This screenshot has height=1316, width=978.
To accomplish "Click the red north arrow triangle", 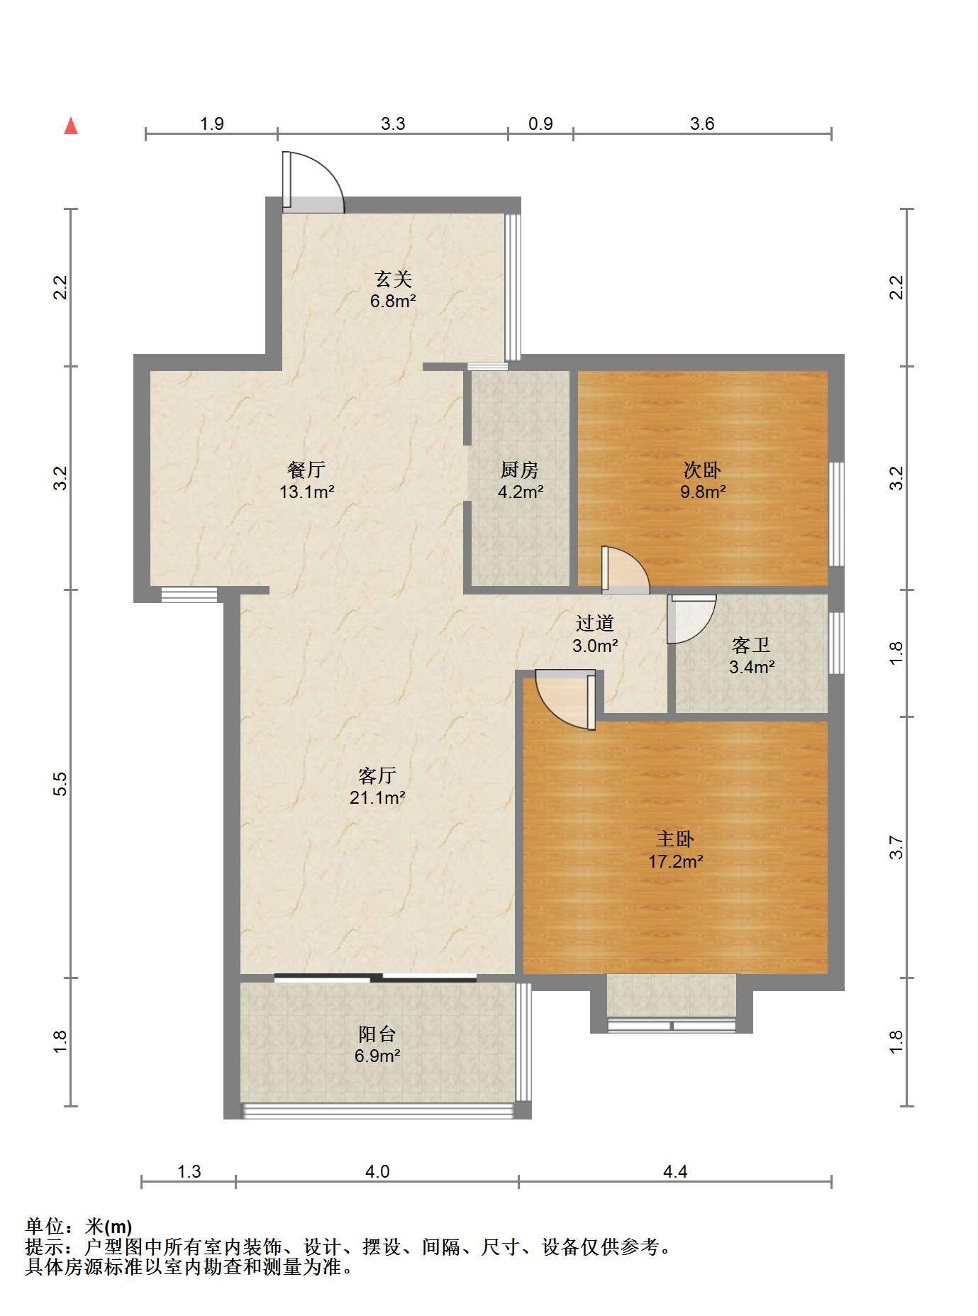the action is pyautogui.click(x=71, y=126).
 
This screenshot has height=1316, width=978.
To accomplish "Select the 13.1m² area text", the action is pyautogui.click(x=306, y=492).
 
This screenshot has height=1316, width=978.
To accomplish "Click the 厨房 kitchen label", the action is pyautogui.click(x=520, y=470).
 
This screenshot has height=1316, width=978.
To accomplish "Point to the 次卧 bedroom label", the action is pyautogui.click(x=702, y=470).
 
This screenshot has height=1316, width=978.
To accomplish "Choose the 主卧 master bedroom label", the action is pyautogui.click(x=675, y=839).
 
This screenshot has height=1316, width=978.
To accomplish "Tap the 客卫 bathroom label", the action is pyautogui.click(x=751, y=646).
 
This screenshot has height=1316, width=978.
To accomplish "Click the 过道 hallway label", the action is pyautogui.click(x=594, y=624).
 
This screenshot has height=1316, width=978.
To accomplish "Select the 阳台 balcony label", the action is pyautogui.click(x=377, y=1034).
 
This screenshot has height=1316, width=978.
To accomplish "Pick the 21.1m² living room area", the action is pyautogui.click(x=377, y=798).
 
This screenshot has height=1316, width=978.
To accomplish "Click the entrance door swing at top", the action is pyautogui.click(x=313, y=182).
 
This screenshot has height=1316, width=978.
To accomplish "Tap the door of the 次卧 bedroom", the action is pyautogui.click(x=625, y=570).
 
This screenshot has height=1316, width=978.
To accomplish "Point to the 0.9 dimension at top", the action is pyautogui.click(x=540, y=123).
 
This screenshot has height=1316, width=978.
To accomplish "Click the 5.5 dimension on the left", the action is pyautogui.click(x=61, y=783).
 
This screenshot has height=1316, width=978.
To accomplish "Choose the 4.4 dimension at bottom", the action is pyautogui.click(x=675, y=1171).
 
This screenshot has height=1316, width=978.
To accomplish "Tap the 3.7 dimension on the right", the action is pyautogui.click(x=896, y=847).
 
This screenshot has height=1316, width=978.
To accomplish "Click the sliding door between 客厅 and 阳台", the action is pyautogui.click(x=375, y=978).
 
